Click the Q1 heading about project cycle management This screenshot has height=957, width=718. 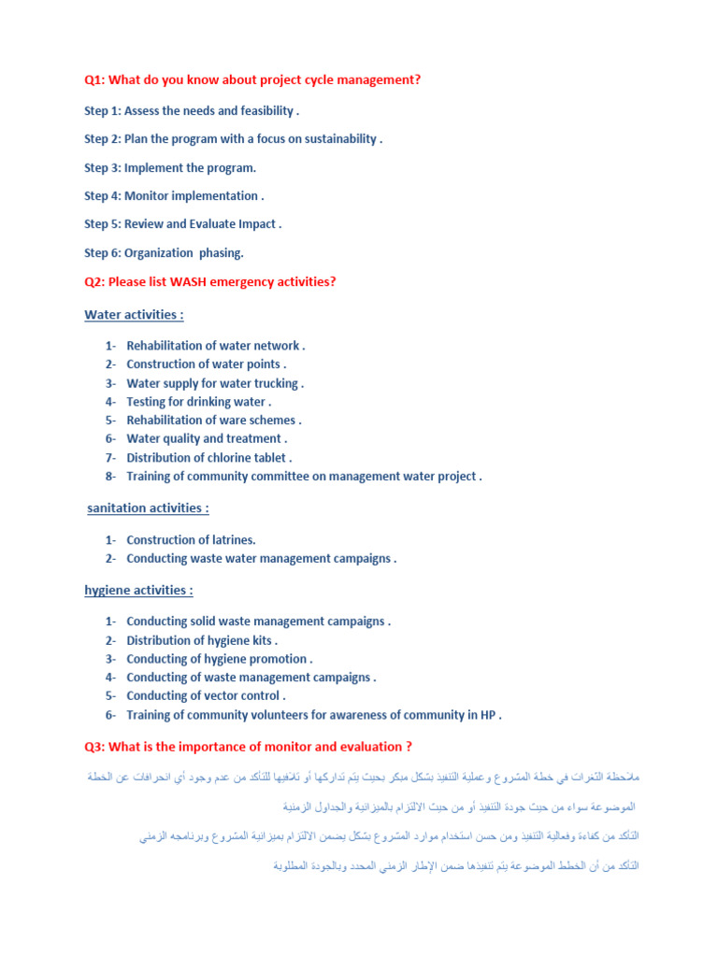pyautogui.click(x=252, y=80)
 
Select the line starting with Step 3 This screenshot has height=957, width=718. pyautogui.click(x=169, y=168)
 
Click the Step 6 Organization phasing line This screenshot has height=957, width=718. pyautogui.click(x=164, y=252)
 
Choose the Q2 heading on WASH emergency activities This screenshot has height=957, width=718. pyautogui.click(x=209, y=281)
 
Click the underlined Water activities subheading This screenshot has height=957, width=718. pyautogui.click(x=134, y=315)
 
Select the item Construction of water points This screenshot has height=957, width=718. pyautogui.click(x=206, y=364)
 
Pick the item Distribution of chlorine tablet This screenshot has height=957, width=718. pyautogui.click(x=208, y=458)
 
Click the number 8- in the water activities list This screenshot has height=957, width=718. pyautogui.click(x=110, y=477)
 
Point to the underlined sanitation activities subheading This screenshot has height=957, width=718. pyautogui.click(x=147, y=508)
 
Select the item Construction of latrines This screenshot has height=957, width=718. pyautogui.click(x=191, y=540)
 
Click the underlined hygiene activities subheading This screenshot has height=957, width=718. pyautogui.click(x=138, y=591)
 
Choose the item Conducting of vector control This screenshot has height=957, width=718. pyautogui.click(x=205, y=696)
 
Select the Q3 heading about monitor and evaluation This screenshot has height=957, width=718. pyautogui.click(x=248, y=746)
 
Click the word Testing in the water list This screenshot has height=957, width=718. pyautogui.click(x=149, y=402)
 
